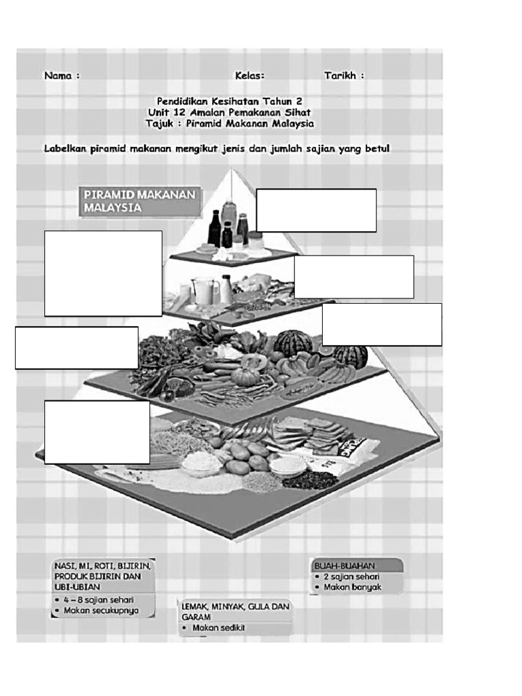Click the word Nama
point(58,75)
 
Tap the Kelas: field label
point(249,75)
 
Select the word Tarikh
point(340,75)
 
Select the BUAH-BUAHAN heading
point(345,565)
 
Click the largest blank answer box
point(103,273)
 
